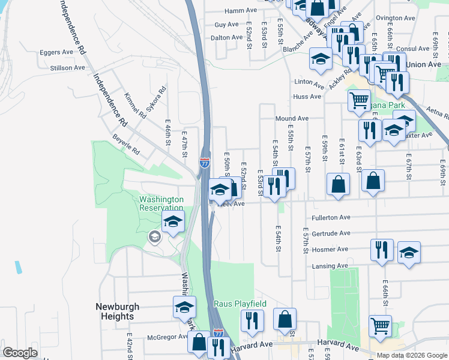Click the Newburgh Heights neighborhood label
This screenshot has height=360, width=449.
[x=117, y=311]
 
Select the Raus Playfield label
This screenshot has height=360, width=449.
[x=240, y=304]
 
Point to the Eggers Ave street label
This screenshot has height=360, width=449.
[x=56, y=52]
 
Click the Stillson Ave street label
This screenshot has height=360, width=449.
[x=68, y=68]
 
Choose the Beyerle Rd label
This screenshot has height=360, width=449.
[x=126, y=145]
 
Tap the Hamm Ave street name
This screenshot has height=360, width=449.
[x=241, y=11]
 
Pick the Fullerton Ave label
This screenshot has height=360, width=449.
[x=331, y=217]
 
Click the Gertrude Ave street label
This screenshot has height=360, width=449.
[x=331, y=233]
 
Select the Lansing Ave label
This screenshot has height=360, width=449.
[x=330, y=265]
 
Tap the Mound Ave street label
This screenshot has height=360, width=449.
[x=292, y=119]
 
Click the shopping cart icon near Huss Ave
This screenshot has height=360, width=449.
[x=359, y=100]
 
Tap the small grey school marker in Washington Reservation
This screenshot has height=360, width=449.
[x=155, y=238]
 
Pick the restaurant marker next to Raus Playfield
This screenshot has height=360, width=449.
[x=252, y=320]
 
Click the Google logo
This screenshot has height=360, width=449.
[x=20, y=353]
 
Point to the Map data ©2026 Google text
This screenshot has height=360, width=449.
[x=412, y=355]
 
